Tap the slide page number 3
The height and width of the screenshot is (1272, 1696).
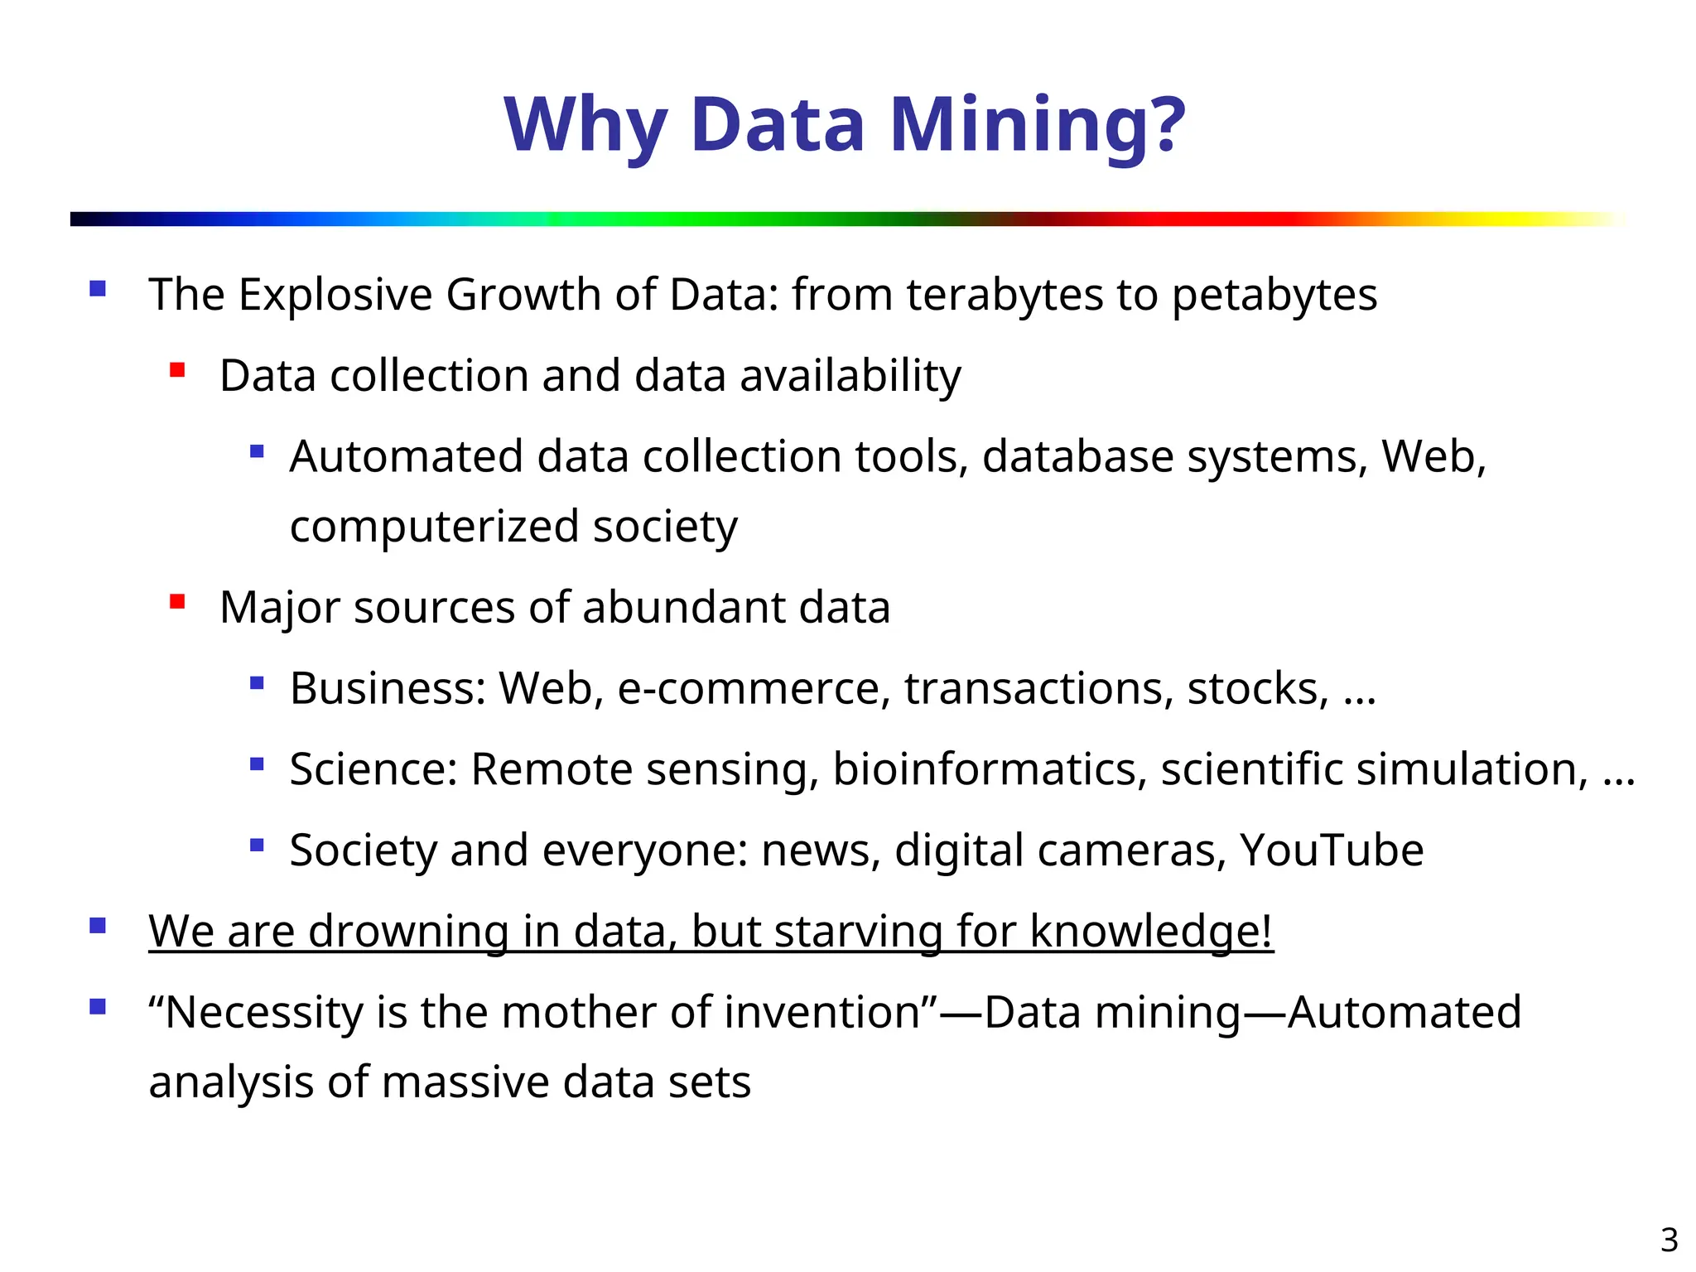click(x=1669, y=1240)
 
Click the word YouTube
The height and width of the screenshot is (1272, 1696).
click(x=1331, y=850)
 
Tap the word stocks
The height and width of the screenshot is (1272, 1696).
click(x=1257, y=689)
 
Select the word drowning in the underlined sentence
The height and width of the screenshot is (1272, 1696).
click(x=408, y=931)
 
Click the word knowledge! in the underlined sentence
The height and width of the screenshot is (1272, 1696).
click(x=1151, y=931)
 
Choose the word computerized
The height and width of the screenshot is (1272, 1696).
click(x=434, y=528)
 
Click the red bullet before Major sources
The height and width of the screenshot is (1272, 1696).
click(x=177, y=601)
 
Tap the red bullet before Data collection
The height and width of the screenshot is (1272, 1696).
click(x=177, y=369)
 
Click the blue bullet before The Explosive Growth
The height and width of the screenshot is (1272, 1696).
click(x=98, y=289)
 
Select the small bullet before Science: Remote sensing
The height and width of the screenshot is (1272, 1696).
click(x=257, y=764)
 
